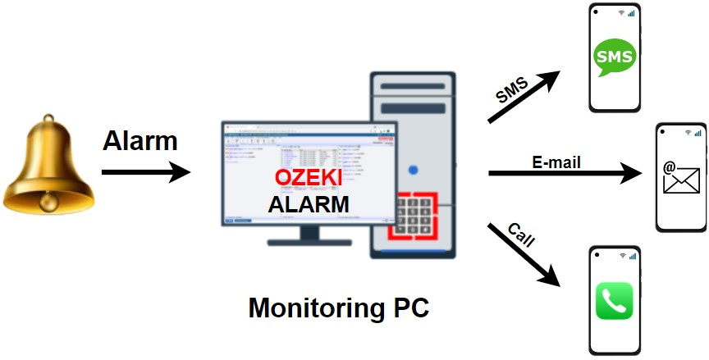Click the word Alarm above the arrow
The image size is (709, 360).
pyautogui.click(x=140, y=141)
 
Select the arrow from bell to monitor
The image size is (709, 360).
pyautogui.click(x=144, y=172)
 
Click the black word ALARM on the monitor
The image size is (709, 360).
pyautogui.click(x=309, y=203)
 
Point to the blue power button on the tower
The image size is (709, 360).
pyautogui.click(x=413, y=171)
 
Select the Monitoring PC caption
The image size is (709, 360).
pyautogui.click(x=339, y=308)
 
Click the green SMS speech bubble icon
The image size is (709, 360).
pyautogui.click(x=615, y=57)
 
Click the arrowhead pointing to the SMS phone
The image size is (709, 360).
pyautogui.click(x=551, y=80)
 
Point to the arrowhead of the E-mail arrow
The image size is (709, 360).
pyautogui.click(x=632, y=173)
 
